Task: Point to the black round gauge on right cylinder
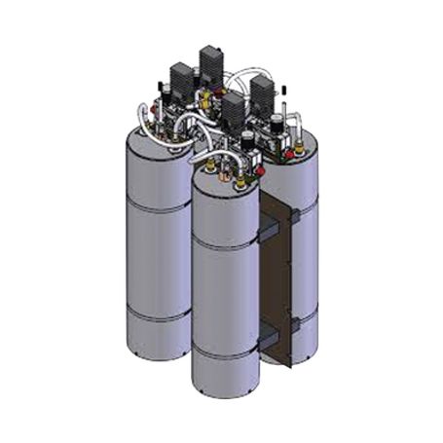pyautogui.click(x=277, y=126)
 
